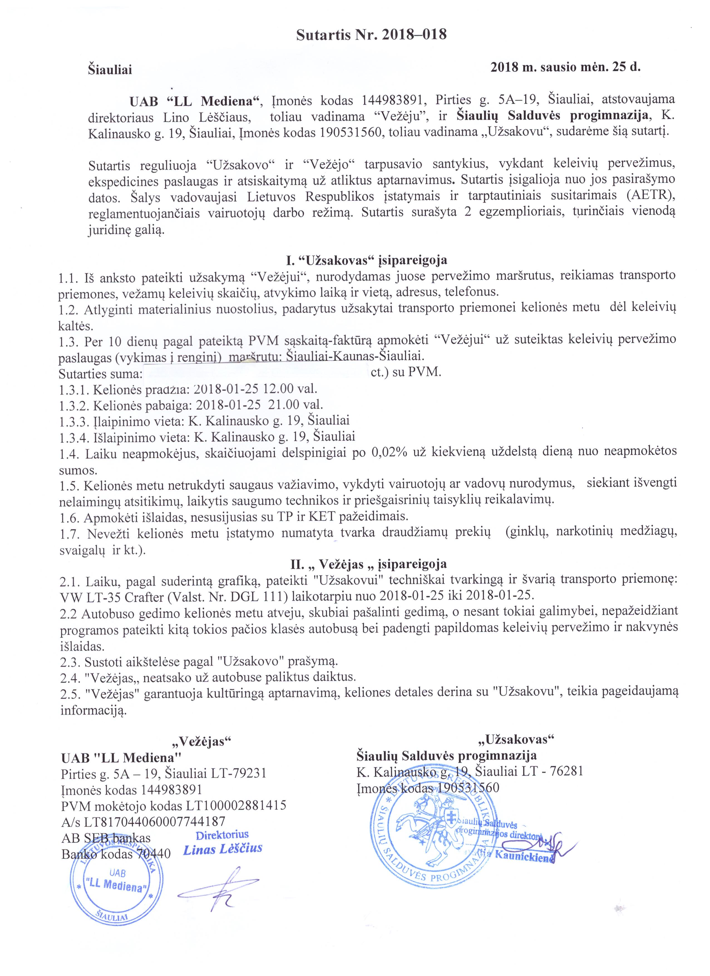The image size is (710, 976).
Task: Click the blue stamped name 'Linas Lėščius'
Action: pyautogui.click(x=223, y=849)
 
